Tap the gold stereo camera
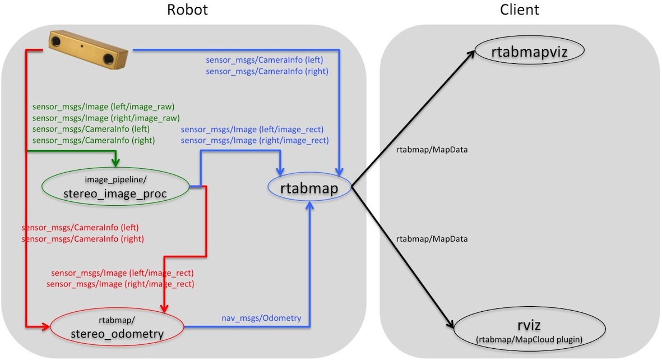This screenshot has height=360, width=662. click(89, 49)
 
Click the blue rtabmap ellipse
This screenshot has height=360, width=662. click(309, 188)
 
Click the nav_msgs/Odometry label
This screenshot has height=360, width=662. click(261, 318)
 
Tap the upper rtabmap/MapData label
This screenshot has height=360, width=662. click(432, 150)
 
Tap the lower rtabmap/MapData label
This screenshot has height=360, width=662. click(432, 239)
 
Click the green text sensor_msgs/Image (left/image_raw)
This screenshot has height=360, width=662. click(104, 107)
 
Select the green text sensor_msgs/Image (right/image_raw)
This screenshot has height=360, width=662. click(106, 118)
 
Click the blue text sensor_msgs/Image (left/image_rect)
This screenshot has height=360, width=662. click(252, 129)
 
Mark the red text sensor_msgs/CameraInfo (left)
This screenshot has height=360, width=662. click(80, 228)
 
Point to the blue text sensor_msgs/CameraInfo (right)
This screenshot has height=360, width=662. click(267, 71)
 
